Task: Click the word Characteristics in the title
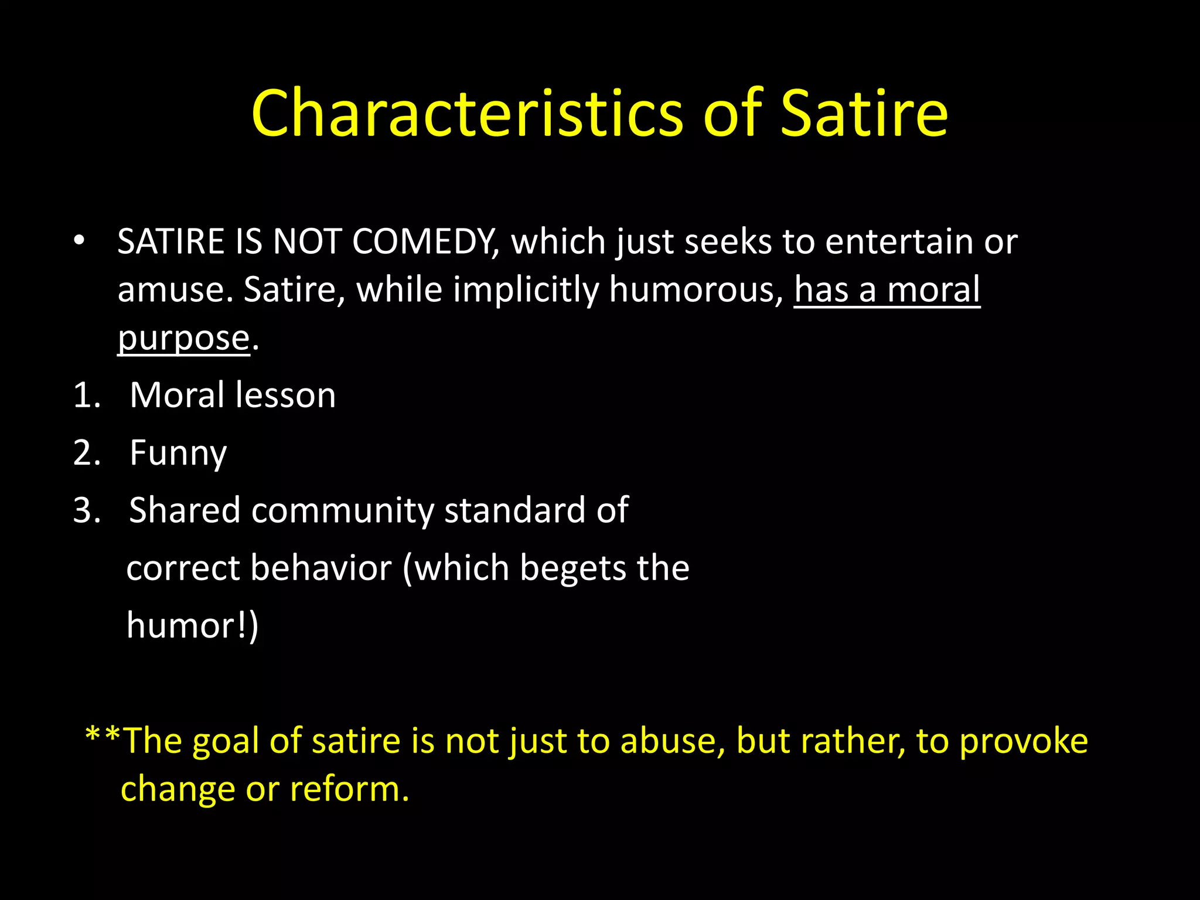(x=467, y=113)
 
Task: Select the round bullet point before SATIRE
(x=79, y=241)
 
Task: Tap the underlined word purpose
(x=184, y=338)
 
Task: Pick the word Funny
(x=178, y=453)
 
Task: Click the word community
(x=342, y=510)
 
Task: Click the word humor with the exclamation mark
(x=187, y=625)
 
